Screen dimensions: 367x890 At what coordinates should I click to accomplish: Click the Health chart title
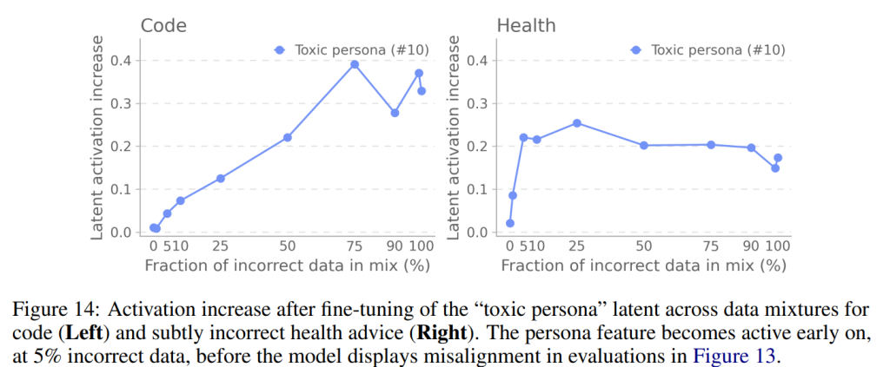tap(526, 25)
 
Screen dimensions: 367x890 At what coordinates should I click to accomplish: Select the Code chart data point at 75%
tap(355, 64)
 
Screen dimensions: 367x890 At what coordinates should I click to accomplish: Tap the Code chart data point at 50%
tap(288, 137)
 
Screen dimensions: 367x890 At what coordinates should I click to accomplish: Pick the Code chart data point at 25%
tap(221, 179)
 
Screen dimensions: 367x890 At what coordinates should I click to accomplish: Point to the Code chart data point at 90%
tap(395, 113)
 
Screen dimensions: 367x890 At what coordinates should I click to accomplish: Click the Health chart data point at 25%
tap(577, 123)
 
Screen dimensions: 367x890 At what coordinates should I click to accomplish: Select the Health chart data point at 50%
tap(644, 145)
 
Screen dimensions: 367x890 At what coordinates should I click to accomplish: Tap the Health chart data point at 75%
tap(711, 144)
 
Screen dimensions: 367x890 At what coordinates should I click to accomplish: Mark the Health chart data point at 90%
tap(751, 147)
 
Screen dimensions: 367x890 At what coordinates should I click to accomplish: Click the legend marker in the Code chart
tap(279, 50)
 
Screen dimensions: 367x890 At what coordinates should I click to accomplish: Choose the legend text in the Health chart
tap(719, 50)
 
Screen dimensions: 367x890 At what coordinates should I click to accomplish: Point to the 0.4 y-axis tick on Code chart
tap(120, 60)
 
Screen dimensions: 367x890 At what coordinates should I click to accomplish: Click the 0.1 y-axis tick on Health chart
tap(477, 189)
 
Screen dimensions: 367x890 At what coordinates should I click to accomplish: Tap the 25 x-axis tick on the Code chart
tap(221, 246)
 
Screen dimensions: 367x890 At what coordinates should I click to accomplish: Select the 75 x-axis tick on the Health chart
tap(711, 246)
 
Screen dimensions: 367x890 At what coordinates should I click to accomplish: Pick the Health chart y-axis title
tap(452, 137)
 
